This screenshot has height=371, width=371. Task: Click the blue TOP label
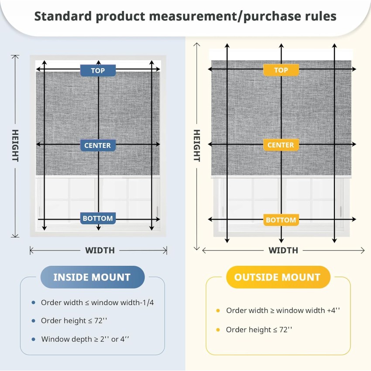(x=98, y=71)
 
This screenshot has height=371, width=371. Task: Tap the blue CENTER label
(x=98, y=145)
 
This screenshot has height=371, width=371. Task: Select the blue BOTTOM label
(x=98, y=218)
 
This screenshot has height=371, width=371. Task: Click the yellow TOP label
(x=281, y=70)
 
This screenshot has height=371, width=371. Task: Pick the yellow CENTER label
(x=281, y=145)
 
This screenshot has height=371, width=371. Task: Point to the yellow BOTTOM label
(x=281, y=220)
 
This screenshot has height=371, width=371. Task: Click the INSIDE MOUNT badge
(x=93, y=277)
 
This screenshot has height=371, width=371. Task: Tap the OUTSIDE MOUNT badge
(x=278, y=277)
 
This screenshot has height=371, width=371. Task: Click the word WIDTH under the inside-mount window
(x=100, y=251)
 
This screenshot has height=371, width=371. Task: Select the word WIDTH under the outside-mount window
(x=283, y=251)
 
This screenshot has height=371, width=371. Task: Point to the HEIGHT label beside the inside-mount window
(x=15, y=145)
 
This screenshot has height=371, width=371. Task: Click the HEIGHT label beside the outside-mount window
(x=197, y=145)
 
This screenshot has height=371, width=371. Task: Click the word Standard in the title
(x=63, y=16)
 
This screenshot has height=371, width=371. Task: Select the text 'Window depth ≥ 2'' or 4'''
(x=85, y=339)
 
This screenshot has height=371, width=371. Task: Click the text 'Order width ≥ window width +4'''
(x=283, y=310)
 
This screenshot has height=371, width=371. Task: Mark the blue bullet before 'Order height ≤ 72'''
(x=33, y=321)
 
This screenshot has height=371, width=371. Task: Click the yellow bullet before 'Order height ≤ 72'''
(x=218, y=330)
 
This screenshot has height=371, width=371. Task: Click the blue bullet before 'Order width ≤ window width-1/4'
(x=33, y=302)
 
